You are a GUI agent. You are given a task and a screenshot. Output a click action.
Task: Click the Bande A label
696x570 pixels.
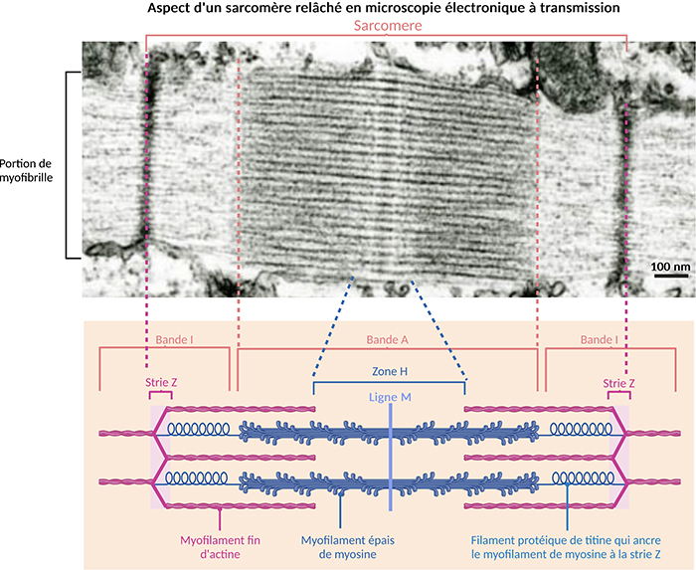click(386, 340)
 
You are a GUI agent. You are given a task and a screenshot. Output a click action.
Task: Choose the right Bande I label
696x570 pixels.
click(598, 340)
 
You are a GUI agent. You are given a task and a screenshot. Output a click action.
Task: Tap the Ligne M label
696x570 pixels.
click(389, 397)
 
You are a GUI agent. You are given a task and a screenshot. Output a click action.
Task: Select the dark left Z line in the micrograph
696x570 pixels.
click(149, 159)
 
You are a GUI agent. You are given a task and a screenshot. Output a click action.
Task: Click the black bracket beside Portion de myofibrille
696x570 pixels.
click(68, 164)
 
